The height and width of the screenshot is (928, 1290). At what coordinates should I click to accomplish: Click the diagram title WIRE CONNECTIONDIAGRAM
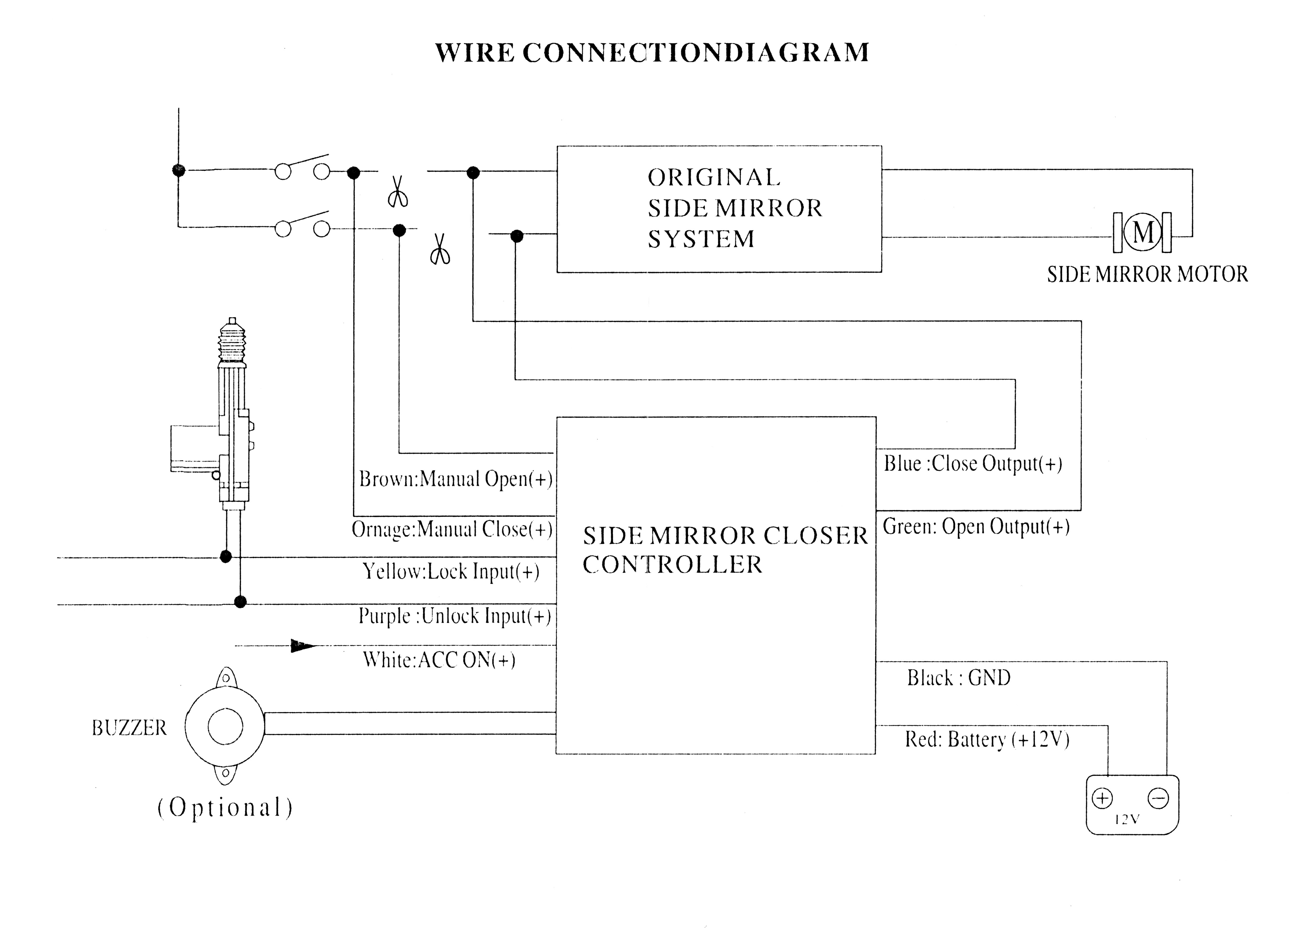pyautogui.click(x=652, y=52)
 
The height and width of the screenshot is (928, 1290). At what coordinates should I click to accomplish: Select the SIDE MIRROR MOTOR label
pyautogui.click(x=1147, y=274)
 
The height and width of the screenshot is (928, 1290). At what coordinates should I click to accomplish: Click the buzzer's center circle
pyautogui.click(x=225, y=727)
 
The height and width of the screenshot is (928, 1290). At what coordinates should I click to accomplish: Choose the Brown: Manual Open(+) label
pyautogui.click(x=456, y=479)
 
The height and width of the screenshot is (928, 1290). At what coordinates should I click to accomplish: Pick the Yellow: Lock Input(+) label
pyautogui.click(x=451, y=571)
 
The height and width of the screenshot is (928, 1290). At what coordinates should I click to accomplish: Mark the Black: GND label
pyautogui.click(x=958, y=678)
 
